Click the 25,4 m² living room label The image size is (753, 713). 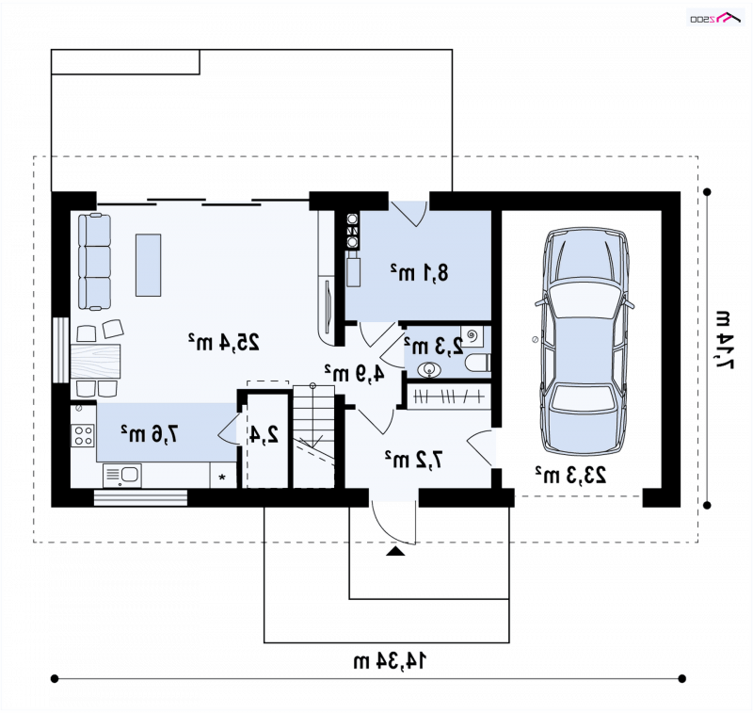coord(224,342)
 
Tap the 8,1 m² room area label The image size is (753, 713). coord(419,272)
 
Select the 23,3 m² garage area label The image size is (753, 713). coord(571,475)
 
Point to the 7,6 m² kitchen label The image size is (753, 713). coord(149,433)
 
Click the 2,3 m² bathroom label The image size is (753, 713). coord(434,346)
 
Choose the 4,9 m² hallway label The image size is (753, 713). coord(355,373)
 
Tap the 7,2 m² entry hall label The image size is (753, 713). coord(413,460)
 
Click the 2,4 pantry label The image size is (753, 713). coord(264,434)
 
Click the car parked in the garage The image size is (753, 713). coord(584,341)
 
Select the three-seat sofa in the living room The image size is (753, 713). coord(95,262)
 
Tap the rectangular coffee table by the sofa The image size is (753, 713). coord(148,266)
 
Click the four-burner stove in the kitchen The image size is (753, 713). coord(83,435)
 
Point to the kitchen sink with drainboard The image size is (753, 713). coord(122,475)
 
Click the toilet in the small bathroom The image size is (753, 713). coord(478,363)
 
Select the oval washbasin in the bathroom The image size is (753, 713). coord(429,369)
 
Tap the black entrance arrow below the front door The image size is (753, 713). coord(395,551)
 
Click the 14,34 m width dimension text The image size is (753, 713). coord(390,661)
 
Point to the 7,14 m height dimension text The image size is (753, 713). coord(725,340)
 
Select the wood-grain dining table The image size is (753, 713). coord(95,361)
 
